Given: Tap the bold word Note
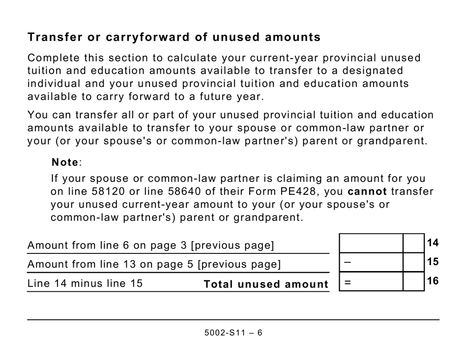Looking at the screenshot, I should [x=65, y=162].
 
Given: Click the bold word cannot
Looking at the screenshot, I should [x=367, y=191].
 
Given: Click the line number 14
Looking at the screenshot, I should [x=433, y=243].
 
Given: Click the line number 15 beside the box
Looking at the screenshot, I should [x=433, y=262].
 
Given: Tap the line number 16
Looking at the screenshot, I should [x=433, y=281].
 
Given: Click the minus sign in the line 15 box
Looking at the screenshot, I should [x=348, y=262].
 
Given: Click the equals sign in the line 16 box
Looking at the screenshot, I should [x=348, y=282].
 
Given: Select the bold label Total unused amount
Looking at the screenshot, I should [x=265, y=284].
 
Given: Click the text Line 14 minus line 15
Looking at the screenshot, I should [x=85, y=283].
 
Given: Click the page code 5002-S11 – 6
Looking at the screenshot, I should [x=233, y=332].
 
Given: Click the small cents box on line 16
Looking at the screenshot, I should [x=413, y=281].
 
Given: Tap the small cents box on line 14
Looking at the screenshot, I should [x=413, y=244].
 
